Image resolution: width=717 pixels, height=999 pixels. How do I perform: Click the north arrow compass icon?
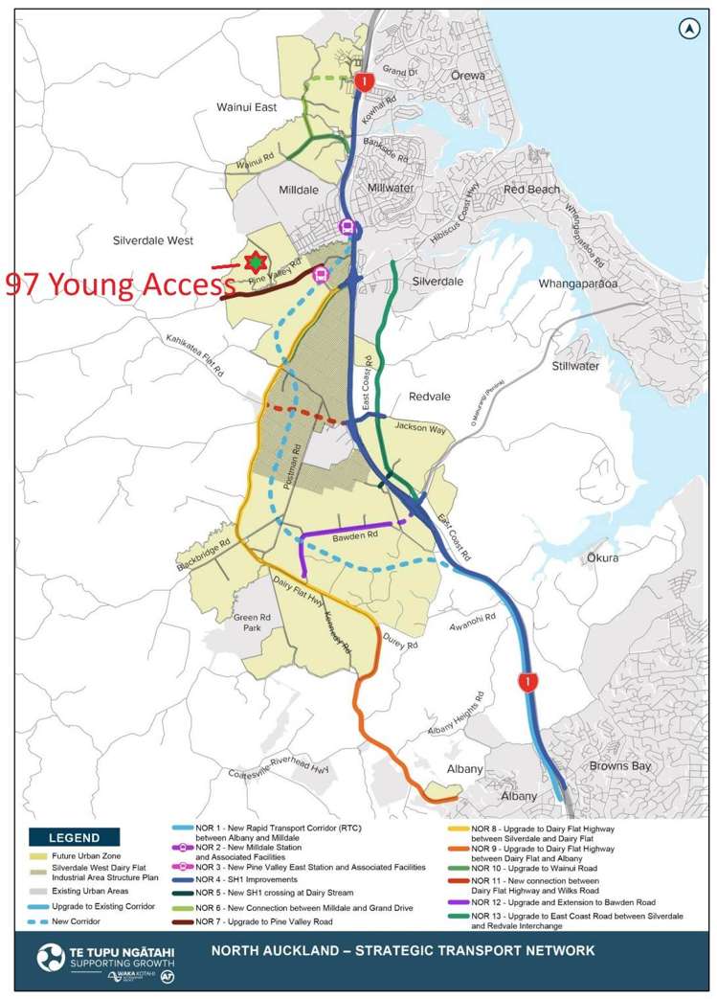coord(687,30)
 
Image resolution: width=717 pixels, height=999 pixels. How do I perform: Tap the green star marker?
coord(254,261)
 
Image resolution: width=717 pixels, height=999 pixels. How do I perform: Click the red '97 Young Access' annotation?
coord(121,284)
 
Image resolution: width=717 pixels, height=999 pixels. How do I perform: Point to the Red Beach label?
coord(531,190)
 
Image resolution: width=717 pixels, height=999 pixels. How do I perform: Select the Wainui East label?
coord(246,107)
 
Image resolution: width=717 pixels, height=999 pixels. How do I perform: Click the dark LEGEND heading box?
coord(74,838)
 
